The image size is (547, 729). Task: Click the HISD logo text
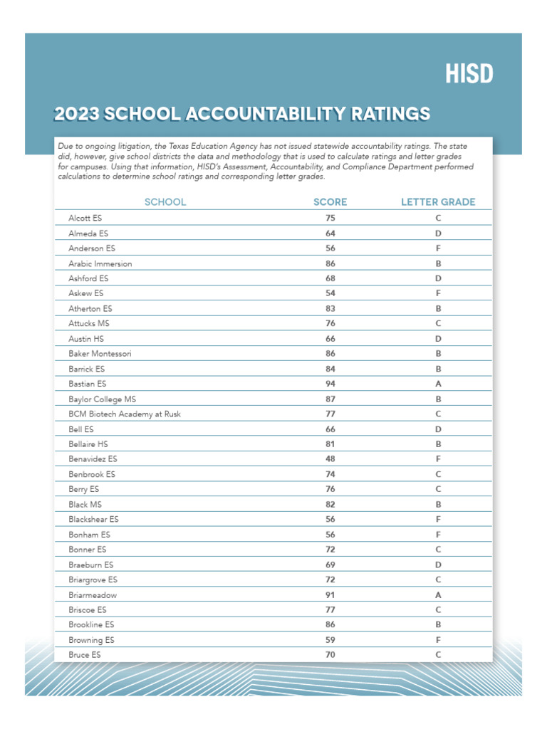[469, 73]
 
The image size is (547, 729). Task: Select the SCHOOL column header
[165, 202]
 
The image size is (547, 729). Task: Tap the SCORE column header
[330, 202]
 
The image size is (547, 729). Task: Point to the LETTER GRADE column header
[438, 202]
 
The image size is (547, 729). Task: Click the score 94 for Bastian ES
[330, 384]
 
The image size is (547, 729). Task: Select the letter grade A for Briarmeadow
[439, 594]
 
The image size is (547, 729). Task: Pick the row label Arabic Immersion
[100, 263]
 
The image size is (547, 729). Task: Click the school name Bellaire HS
[88, 444]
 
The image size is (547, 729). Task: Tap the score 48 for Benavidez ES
[330, 459]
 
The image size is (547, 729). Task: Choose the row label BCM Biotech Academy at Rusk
[125, 414]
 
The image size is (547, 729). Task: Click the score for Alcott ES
[330, 218]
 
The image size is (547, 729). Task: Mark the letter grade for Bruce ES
[439, 654]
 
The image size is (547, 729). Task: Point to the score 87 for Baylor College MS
[330, 399]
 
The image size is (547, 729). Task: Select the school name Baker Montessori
[100, 354]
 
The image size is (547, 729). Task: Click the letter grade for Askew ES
[439, 293]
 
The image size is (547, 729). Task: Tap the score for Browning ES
[330, 639]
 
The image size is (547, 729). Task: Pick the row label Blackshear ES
[93, 519]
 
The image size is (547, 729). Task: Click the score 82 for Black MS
[330, 504]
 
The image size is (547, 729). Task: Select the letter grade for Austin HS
[439, 339]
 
